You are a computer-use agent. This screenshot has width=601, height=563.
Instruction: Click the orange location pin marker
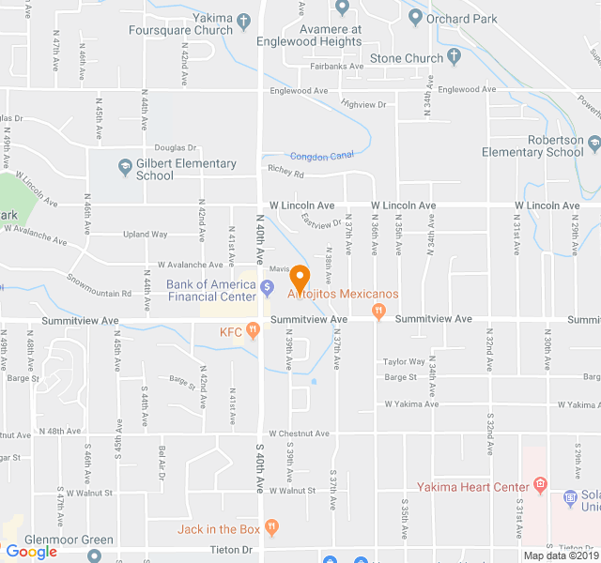coord(300,279)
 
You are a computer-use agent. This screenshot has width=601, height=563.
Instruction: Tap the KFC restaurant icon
coord(253,331)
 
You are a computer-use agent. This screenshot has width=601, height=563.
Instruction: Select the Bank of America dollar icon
coord(268,286)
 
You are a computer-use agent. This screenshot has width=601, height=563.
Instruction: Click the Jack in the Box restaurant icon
coord(272,529)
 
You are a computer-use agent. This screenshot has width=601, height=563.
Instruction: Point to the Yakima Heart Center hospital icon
coord(540,485)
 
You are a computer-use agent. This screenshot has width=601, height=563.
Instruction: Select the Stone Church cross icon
coord(455,58)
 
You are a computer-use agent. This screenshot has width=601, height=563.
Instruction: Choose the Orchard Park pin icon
coord(414,16)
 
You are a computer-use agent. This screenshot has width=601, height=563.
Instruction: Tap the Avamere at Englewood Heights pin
coord(342,8)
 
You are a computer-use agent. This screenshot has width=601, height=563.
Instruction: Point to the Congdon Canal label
coord(321,156)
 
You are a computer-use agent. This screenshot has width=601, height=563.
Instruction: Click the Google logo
coord(32,552)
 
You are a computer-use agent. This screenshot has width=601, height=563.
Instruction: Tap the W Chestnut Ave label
coord(299,434)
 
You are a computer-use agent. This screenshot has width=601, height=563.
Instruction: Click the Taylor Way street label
coord(404,361)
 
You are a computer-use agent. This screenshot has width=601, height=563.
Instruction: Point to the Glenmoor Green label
coord(69,540)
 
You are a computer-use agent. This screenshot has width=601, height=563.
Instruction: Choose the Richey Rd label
coord(286,173)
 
